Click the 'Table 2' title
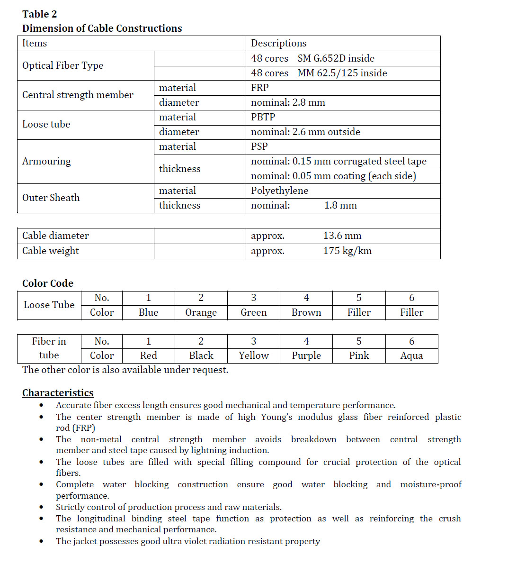pyautogui.click(x=39, y=14)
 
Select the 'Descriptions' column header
pyautogui.click(x=278, y=44)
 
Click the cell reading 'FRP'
pyautogui.click(x=260, y=88)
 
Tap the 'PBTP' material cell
pyautogui.click(x=263, y=117)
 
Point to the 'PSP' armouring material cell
pyautogui.click(x=259, y=146)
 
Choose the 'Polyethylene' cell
pyautogui.click(x=279, y=191)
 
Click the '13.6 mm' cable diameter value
pyautogui.click(x=342, y=236)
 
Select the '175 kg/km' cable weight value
pyautogui.click(x=347, y=251)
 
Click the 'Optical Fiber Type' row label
pyautogui.click(x=62, y=65)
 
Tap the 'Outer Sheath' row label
pyautogui.click(x=51, y=198)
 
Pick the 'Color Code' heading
pyautogui.click(x=48, y=283)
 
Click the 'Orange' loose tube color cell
pyautogui.click(x=201, y=313)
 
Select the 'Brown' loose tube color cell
pyautogui.click(x=306, y=313)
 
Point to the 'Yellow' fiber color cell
pyautogui.click(x=254, y=356)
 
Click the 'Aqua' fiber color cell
pyautogui.click(x=411, y=356)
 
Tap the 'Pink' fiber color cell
pyautogui.click(x=359, y=356)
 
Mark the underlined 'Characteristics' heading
pyautogui.click(x=58, y=393)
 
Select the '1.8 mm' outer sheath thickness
pyautogui.click(x=340, y=205)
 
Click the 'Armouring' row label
pyautogui.click(x=46, y=161)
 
